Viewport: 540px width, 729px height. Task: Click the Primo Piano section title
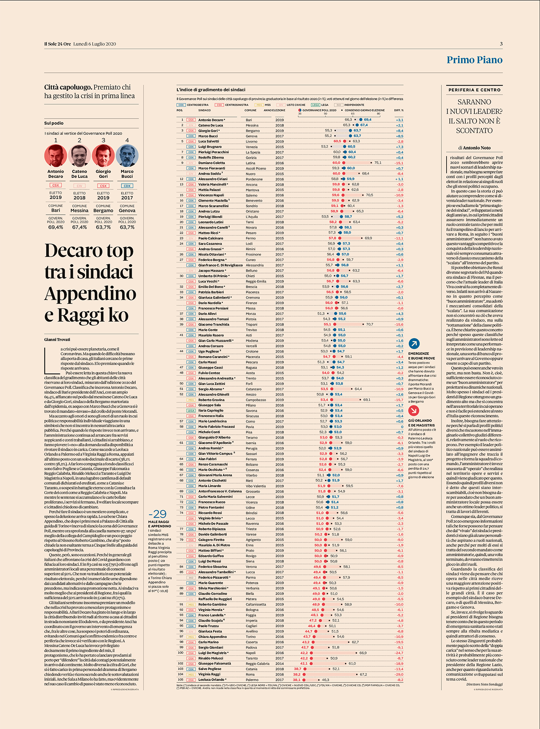pyautogui.click(x=474, y=60)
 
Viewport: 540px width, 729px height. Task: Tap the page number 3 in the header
pyautogui.click(x=501, y=44)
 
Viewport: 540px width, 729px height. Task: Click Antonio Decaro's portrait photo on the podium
pyautogui.click(x=55, y=156)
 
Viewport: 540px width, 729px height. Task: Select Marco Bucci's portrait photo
pyautogui.click(x=127, y=156)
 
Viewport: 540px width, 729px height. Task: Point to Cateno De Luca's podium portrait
pyautogui.click(x=79, y=156)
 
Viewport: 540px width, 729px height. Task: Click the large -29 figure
pyautogui.click(x=158, y=514)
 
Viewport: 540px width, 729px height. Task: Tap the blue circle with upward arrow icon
pyautogui.click(x=414, y=343)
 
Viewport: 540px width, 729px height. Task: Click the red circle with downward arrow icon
pyautogui.click(x=413, y=411)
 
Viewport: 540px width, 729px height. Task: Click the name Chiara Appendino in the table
pyautogui.click(x=212, y=637)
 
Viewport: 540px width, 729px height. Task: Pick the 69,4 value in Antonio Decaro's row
pyautogui.click(x=367, y=120)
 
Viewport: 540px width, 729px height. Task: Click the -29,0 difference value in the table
pyautogui.click(x=399, y=674)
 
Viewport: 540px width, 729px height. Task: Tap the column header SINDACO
pyautogui.click(x=204, y=110)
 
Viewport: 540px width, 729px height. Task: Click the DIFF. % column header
pyautogui.click(x=399, y=110)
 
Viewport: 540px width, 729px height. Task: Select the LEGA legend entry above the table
pyautogui.click(x=320, y=105)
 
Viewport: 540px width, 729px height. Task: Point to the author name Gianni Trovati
pyautogui.click(x=57, y=339)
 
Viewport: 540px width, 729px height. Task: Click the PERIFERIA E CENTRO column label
pyautogui.click(x=474, y=90)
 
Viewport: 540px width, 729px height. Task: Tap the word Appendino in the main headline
pyautogui.click(x=90, y=294)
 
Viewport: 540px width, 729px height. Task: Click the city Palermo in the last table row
pyautogui.click(x=252, y=680)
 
